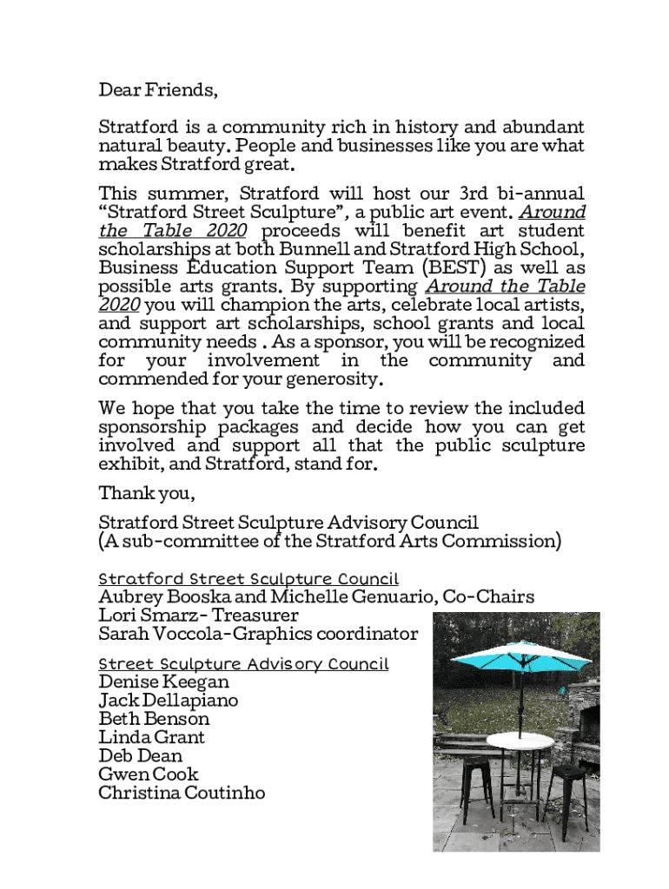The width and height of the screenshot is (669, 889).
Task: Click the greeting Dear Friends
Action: tap(157, 90)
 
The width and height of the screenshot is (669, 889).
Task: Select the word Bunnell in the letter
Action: tap(315, 249)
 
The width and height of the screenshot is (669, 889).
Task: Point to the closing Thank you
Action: tap(146, 494)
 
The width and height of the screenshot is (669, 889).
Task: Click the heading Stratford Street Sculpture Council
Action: tap(248, 578)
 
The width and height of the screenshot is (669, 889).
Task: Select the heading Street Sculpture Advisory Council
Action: tap(243, 664)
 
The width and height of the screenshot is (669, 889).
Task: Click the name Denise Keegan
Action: tap(163, 682)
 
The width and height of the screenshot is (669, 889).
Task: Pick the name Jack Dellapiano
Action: tap(168, 701)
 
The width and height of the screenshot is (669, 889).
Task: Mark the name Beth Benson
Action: tap(154, 719)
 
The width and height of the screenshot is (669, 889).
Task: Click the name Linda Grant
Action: tap(152, 737)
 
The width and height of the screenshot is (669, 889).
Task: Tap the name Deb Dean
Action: tap(141, 755)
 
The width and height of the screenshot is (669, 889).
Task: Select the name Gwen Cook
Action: tap(149, 774)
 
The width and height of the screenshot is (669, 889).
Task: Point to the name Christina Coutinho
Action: tap(182, 793)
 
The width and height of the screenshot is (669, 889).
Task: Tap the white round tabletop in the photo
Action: tap(520, 741)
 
